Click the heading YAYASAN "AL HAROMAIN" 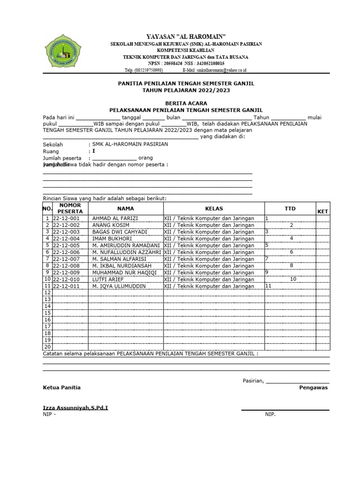pos(186,36)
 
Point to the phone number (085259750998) pos(144,70)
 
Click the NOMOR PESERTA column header pos(70,208)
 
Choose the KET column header pos(322,212)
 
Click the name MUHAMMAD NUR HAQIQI pos(122,272)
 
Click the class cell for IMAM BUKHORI pos(209,239)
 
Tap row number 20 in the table pos(47,347)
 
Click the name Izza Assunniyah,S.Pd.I pos(75,408)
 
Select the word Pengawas pos(314,388)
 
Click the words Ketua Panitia pos(62,388)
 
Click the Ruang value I pos(93,151)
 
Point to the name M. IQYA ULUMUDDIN pos(119,286)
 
